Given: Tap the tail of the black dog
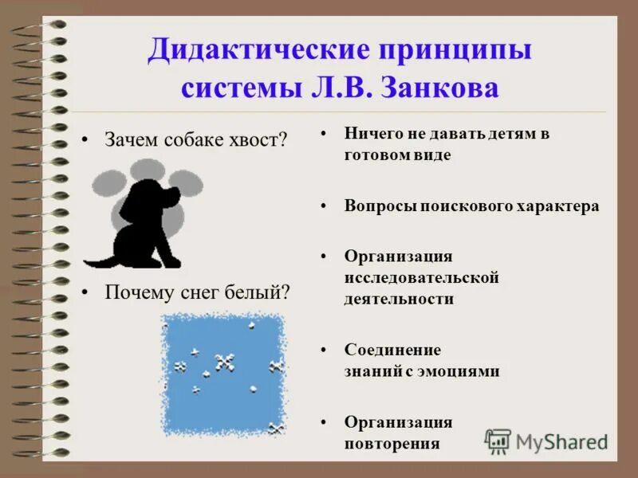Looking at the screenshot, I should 97,261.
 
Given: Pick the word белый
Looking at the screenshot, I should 263,292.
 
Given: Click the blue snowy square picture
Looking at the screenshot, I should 223,373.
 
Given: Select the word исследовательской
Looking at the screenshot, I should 421,277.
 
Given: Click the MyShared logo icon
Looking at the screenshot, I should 498,441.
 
